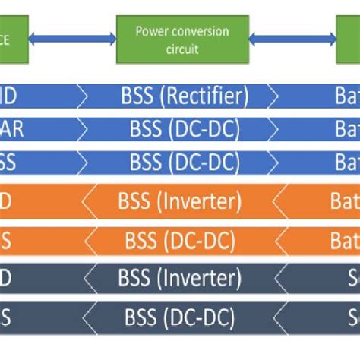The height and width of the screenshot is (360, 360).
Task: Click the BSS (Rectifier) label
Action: [185, 97]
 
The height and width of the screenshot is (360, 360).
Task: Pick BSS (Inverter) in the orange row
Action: [180, 202]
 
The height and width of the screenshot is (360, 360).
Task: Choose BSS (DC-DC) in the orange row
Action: [180, 242]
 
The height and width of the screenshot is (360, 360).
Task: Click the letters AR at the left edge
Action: [13, 130]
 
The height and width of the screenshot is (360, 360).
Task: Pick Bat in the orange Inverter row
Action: [344, 202]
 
